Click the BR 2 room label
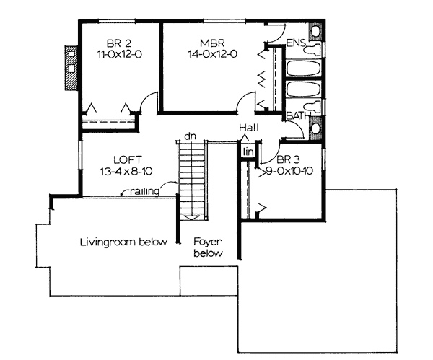tap(119, 43)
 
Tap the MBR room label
tap(212, 43)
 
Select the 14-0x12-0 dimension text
tap(213, 54)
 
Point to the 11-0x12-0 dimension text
tap(119, 54)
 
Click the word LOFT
tap(128, 159)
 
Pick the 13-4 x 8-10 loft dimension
tap(126, 172)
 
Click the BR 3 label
tap(288, 159)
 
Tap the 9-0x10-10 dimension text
tap(289, 171)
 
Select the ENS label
tap(296, 43)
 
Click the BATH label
tap(299, 115)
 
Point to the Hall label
tap(249, 128)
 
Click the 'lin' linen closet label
tap(248, 152)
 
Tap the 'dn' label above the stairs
tap(190, 136)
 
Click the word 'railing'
tap(145, 191)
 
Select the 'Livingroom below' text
tap(123, 242)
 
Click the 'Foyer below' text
tap(208, 247)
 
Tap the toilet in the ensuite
tap(312, 49)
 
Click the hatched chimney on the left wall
tap(71, 68)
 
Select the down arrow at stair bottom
tap(192, 218)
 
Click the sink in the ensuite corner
tap(315, 30)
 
